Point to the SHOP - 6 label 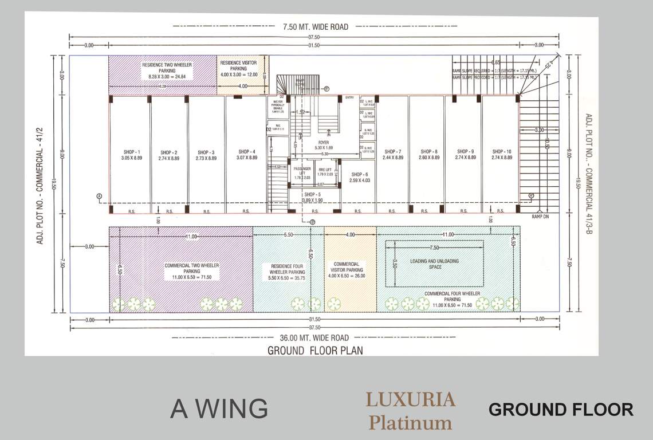(x=360, y=177)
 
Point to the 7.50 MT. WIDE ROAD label (x=315, y=26)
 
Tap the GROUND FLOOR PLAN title (x=315, y=351)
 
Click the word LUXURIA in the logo (x=411, y=399)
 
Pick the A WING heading (x=219, y=409)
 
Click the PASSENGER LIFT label (x=302, y=172)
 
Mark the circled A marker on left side (x=99, y=197)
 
